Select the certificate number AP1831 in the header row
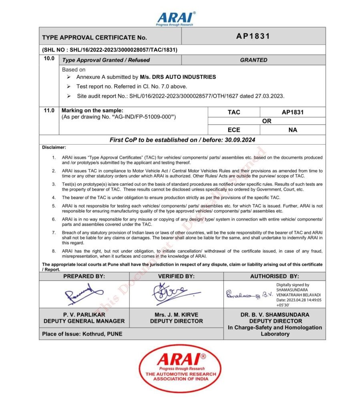253,36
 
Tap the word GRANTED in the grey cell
253,60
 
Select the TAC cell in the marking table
234,112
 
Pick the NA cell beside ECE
292,130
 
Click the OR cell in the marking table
266,121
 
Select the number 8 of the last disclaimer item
54,251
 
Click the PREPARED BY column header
84,276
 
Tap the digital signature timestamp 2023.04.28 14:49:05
299,299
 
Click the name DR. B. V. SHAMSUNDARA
275,315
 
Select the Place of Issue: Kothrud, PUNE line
82,334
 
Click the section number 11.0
49,111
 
